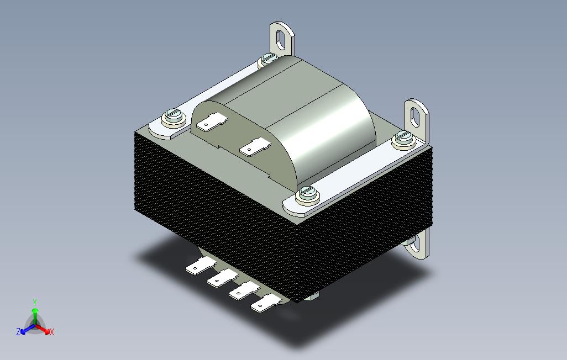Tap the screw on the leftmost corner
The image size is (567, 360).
click(x=174, y=118)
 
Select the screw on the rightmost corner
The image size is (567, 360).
click(x=405, y=139)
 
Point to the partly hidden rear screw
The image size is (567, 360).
click(x=268, y=59)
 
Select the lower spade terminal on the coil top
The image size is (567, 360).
click(x=255, y=147)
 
